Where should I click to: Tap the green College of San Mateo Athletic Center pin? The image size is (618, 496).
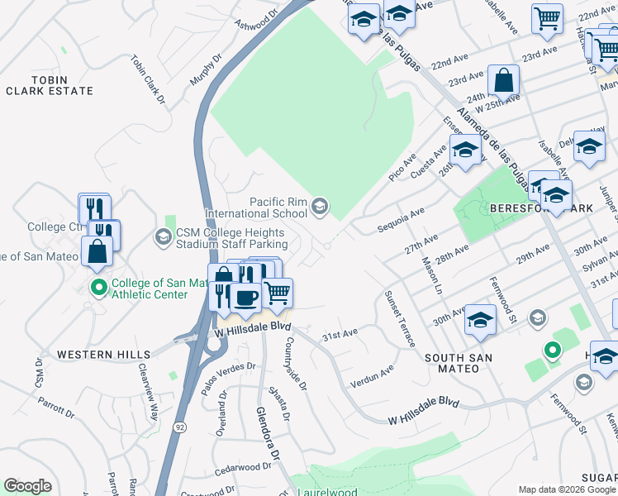(98, 288)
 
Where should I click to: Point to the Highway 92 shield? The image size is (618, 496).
(178, 427)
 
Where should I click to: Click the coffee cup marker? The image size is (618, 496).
(245, 297)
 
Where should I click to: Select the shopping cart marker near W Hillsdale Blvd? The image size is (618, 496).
(278, 292)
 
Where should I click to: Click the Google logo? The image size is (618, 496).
(27, 486)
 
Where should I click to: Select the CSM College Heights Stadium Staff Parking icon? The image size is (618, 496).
(163, 238)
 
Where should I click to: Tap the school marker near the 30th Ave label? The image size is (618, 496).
(480, 319)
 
